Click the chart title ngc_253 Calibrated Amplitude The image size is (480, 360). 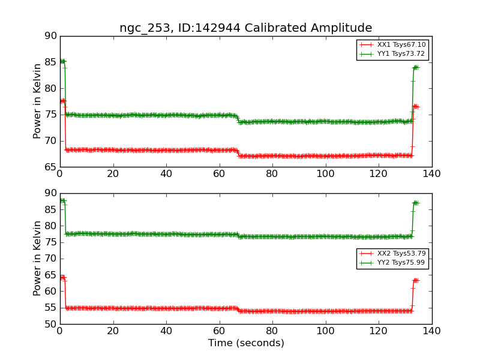tap(245, 28)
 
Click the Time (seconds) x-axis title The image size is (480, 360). tap(246, 343)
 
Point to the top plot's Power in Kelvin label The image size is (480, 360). tap(37, 101)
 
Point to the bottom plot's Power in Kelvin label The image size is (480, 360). tap(37, 258)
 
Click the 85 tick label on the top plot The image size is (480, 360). tap(50, 62)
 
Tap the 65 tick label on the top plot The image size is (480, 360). tap(50, 167)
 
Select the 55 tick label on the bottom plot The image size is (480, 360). tap(50, 308)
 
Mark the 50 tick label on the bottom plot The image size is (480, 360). tap(50, 325)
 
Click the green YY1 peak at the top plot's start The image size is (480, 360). tap(62, 61)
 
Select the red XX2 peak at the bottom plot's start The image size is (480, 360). tap(62, 277)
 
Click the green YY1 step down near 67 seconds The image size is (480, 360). tap(238, 119)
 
